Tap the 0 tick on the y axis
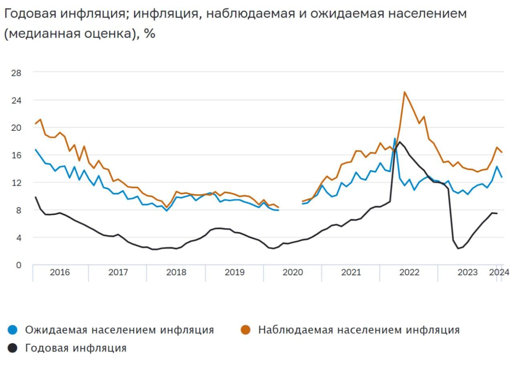pyautogui.click(x=18, y=265)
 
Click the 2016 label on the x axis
pyautogui.click(x=60, y=272)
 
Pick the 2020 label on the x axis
pyautogui.click(x=293, y=272)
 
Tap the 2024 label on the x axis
pyautogui.click(x=499, y=272)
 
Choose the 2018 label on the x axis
pyautogui.click(x=176, y=272)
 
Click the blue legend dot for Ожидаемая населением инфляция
pyautogui.click(x=13, y=330)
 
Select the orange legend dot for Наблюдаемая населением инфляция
pyautogui.click(x=246, y=330)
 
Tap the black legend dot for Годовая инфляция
pyautogui.click(x=13, y=348)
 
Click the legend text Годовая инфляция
pyautogui.click(x=76, y=348)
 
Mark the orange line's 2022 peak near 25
pyautogui.click(x=404, y=92)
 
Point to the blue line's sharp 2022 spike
pyautogui.click(x=395, y=139)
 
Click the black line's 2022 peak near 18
pyautogui.click(x=400, y=142)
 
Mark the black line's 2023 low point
pyautogui.click(x=458, y=249)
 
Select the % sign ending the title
pyautogui.click(x=149, y=34)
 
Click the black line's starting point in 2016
pyautogui.click(x=35, y=197)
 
